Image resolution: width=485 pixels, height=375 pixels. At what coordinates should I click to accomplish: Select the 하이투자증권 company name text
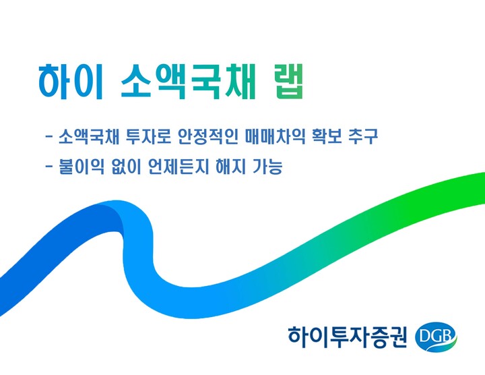coord(347,335)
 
